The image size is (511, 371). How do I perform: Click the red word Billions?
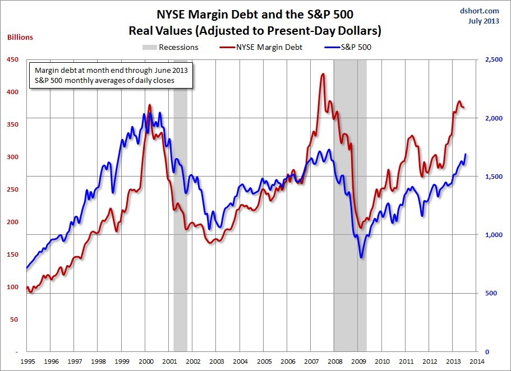tap(20, 38)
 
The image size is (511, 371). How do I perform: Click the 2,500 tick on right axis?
tap(489, 59)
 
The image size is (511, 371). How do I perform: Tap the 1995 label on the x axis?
tap(27, 362)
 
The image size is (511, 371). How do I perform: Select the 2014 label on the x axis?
tap(477, 362)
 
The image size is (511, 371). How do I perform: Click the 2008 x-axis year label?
tap(335, 362)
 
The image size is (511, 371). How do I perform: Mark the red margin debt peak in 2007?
tap(323, 74)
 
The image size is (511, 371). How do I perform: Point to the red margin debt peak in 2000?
tap(149, 105)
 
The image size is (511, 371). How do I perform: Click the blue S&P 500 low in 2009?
tap(361, 257)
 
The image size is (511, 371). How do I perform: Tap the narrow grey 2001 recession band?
tap(180, 224)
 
